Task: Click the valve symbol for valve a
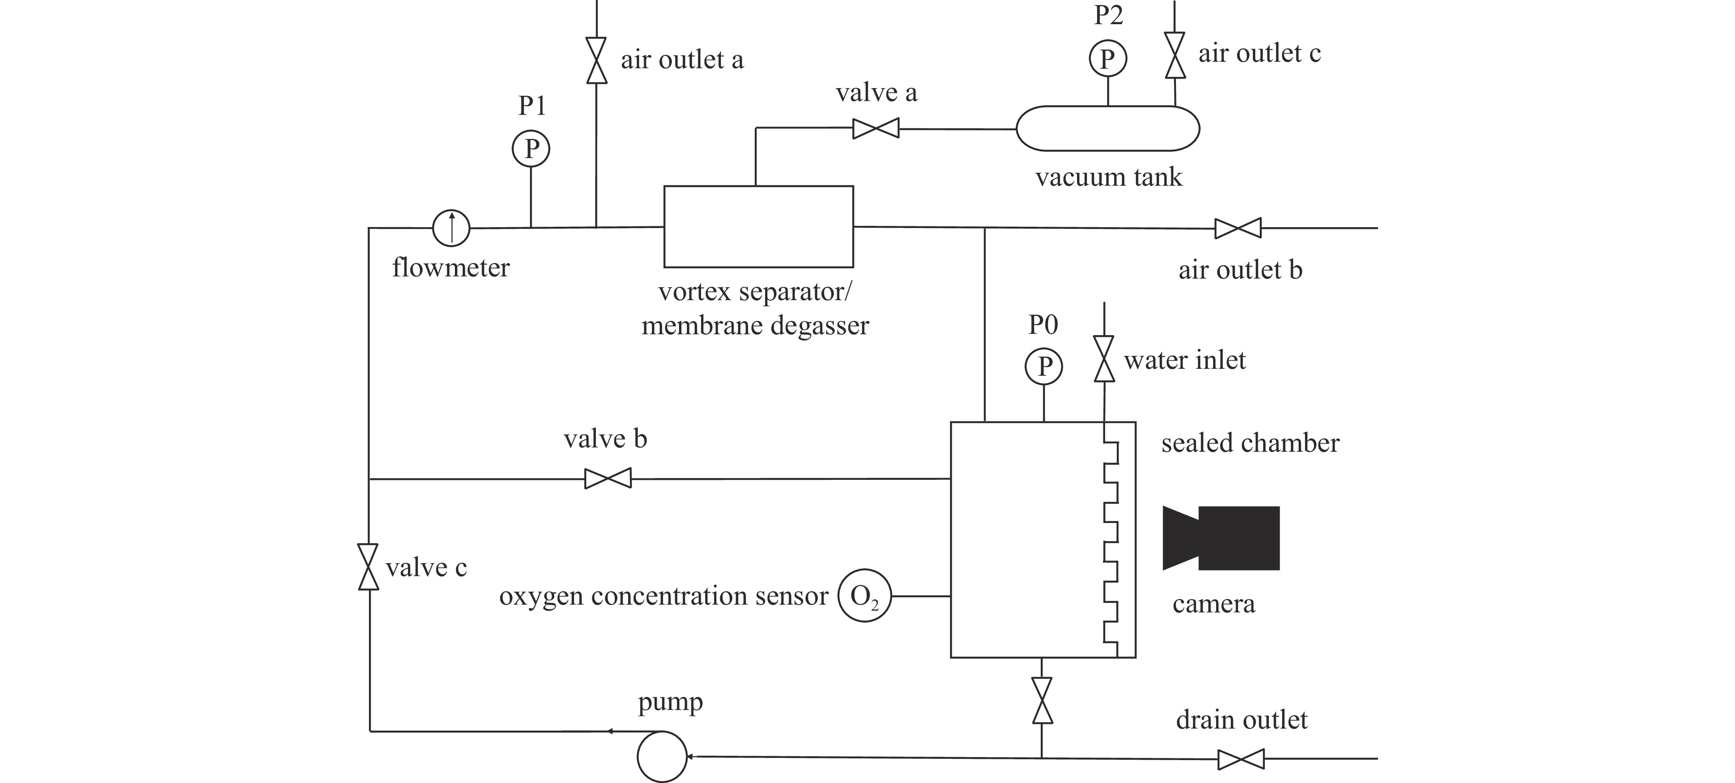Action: point(876,129)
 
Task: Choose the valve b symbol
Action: point(607,479)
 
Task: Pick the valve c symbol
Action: point(369,567)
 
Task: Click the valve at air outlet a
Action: point(597,60)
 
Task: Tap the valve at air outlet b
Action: point(1238,228)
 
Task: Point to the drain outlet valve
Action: point(1241,759)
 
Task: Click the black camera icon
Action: point(1221,538)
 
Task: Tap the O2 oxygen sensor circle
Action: point(865,596)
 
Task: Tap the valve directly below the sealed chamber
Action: point(1042,700)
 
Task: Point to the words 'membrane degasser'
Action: point(755,326)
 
